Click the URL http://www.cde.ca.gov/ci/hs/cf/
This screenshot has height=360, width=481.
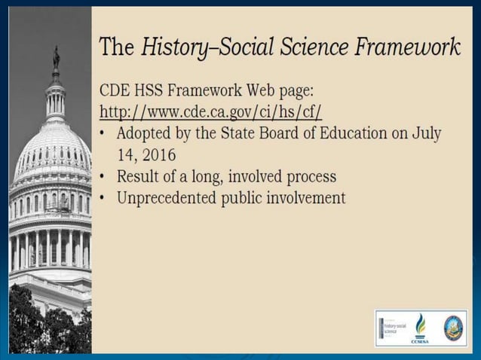(x=211, y=112)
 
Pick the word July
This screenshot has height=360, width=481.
(x=426, y=134)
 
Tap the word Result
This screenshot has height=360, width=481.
(x=136, y=177)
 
